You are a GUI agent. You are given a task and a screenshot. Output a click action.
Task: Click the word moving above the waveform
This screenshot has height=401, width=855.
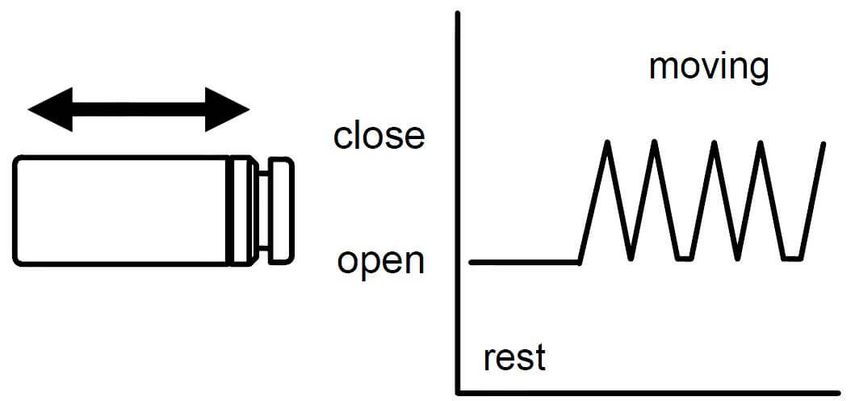[x=708, y=67]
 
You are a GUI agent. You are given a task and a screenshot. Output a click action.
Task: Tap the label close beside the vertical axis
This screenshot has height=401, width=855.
[x=379, y=136]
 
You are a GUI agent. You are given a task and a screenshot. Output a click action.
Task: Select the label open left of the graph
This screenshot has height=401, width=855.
[x=380, y=261]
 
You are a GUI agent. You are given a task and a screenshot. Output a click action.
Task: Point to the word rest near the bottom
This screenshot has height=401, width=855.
[x=514, y=357]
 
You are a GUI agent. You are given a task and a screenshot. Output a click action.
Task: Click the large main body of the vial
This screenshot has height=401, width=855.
[x=121, y=210]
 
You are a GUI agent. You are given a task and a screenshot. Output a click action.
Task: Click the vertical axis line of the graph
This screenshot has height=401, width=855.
[x=459, y=202]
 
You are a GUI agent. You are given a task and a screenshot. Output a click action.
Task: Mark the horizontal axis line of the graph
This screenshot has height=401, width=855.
[x=646, y=392]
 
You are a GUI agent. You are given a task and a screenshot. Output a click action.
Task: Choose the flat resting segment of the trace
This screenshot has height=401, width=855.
[x=525, y=262]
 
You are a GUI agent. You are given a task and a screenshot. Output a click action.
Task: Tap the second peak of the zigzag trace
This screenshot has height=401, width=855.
[x=655, y=143]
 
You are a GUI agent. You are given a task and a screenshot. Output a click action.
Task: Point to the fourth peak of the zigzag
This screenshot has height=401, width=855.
[x=760, y=143]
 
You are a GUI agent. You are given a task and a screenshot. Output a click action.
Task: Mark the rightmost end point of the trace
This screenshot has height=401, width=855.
[x=824, y=144]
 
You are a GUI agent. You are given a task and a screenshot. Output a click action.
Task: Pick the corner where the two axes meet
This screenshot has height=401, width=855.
[x=459, y=392]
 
